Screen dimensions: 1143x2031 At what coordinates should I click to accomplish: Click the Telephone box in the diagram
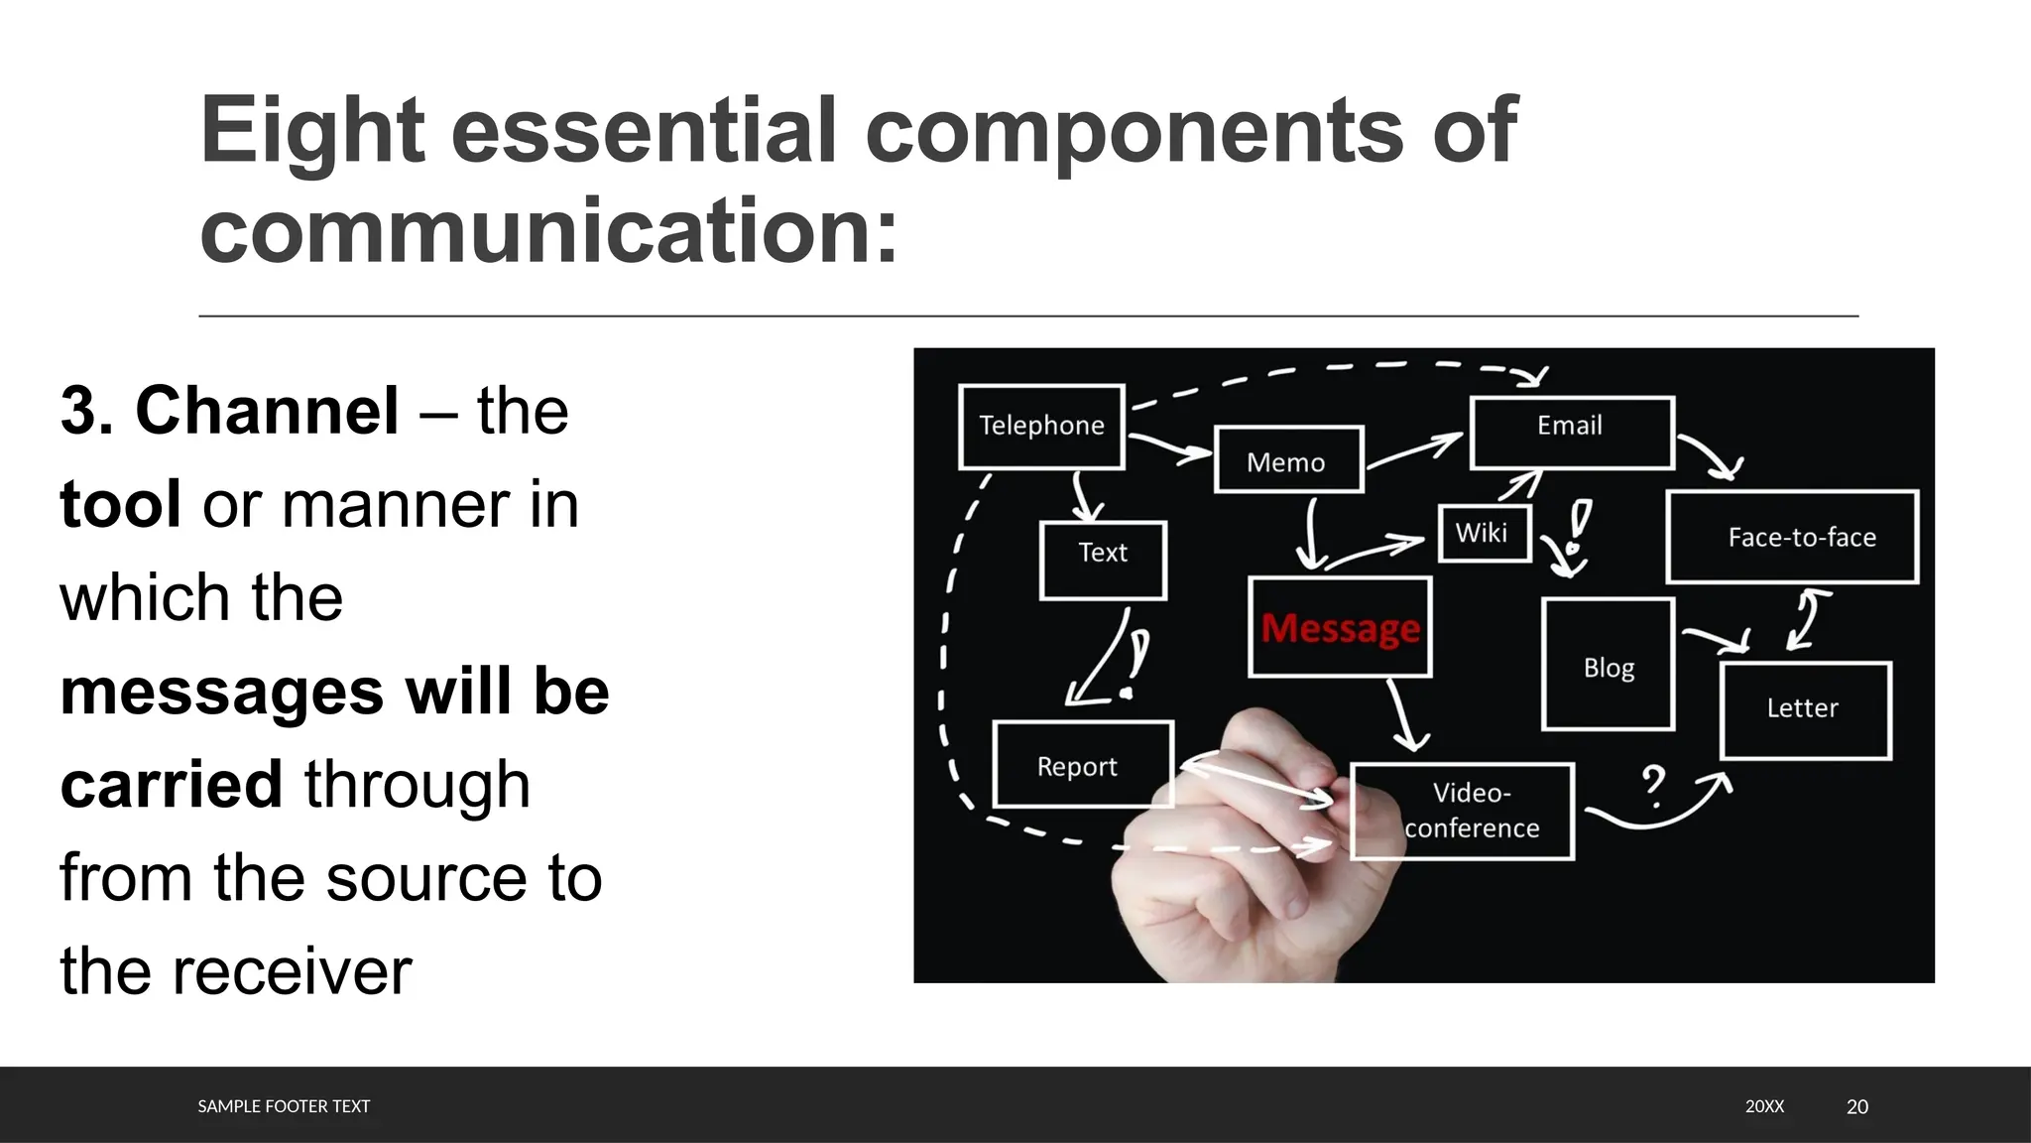coord(1041,426)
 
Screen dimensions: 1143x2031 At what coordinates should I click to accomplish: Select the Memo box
coord(1287,461)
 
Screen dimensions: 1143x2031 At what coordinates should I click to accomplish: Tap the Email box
coord(1571,431)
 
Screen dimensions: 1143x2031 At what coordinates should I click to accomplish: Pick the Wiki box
coord(1484,533)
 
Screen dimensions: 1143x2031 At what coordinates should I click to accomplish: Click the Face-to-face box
coord(1792,537)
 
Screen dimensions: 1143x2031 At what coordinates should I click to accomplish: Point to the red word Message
coord(1341,628)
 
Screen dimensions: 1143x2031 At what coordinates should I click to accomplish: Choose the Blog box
coord(1608,666)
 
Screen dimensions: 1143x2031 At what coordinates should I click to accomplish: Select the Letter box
coord(1804,708)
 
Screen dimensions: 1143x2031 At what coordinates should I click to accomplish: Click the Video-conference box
coord(1463,810)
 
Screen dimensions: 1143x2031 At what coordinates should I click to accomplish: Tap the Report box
coord(1081,765)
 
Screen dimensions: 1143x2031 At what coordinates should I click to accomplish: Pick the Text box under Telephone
coord(1103,559)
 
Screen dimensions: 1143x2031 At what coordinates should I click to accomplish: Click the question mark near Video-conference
coord(1652,785)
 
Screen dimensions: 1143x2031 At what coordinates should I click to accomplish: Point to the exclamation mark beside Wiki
coord(1577,527)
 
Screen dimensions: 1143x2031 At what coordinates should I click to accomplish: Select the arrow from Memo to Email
coord(1415,449)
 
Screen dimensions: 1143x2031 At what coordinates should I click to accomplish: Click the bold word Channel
coord(267,411)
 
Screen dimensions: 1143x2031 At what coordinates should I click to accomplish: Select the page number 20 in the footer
coord(1856,1106)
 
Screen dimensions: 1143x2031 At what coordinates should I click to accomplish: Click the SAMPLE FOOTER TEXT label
coord(284,1106)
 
